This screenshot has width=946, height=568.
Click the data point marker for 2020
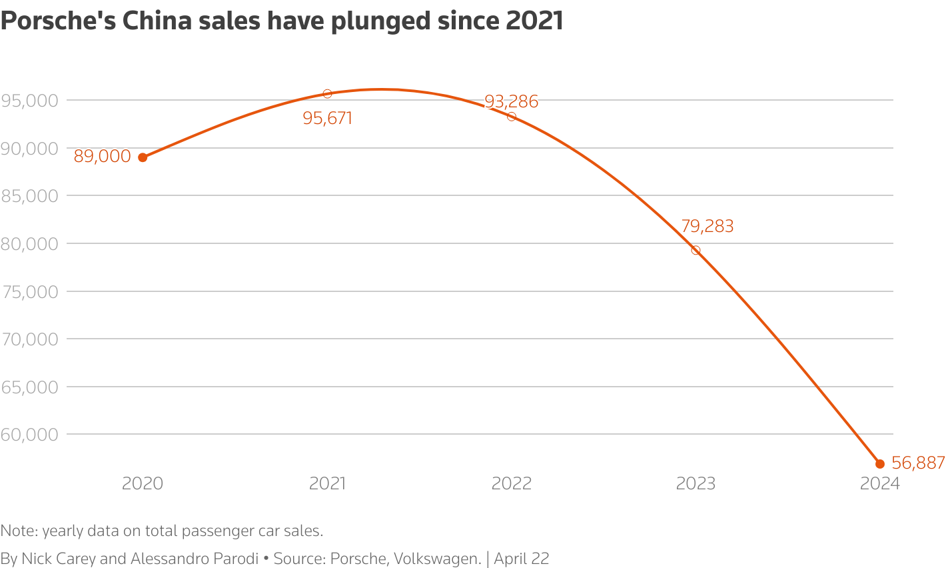(x=143, y=157)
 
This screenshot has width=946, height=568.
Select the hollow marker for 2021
(x=327, y=94)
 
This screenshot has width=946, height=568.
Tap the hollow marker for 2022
(x=512, y=117)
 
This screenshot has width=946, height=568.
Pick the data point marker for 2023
(x=696, y=251)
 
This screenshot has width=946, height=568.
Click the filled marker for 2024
(x=879, y=463)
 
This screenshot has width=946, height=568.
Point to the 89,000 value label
(x=102, y=157)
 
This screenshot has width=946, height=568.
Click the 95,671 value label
(x=327, y=119)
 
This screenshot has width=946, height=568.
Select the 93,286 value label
(x=511, y=102)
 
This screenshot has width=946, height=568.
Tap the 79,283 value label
(x=707, y=227)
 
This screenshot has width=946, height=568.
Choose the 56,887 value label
(x=918, y=463)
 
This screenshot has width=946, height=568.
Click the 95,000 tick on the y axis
(x=30, y=101)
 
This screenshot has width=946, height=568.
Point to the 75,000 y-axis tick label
(x=30, y=292)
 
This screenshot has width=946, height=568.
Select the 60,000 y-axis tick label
(x=30, y=435)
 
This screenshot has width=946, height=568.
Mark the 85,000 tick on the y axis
(x=30, y=196)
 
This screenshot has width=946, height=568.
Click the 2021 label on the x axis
(x=327, y=483)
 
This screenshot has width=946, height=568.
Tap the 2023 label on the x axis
(x=696, y=483)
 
